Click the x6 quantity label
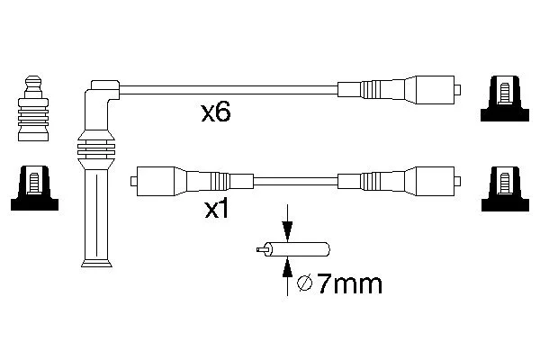(216, 112)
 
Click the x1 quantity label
(216, 209)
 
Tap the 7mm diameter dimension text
(349, 284)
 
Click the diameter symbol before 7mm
(304, 283)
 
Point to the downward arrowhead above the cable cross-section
(287, 230)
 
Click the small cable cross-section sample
(293, 249)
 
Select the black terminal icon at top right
(505, 98)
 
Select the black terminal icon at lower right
(505, 188)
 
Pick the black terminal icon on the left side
(34, 188)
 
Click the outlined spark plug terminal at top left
(33, 108)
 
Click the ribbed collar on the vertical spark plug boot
(96, 149)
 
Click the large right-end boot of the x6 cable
(436, 90)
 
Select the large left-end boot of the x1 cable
(157, 181)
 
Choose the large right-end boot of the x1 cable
(436, 181)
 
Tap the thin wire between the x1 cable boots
(295, 181)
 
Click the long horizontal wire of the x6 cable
(229, 90)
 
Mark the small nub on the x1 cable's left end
(133, 181)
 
